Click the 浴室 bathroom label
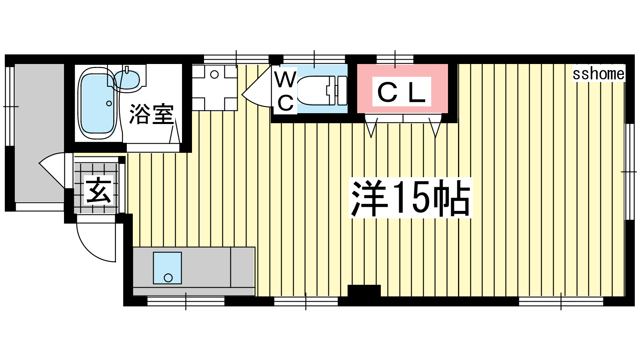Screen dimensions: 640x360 152,114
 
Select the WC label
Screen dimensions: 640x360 285,91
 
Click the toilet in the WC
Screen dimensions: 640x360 322,90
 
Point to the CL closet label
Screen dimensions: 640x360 402,92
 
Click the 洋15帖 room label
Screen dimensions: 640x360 411,198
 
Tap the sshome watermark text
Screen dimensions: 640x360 598,74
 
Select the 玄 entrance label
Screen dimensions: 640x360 98,190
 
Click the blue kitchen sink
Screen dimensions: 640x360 168,268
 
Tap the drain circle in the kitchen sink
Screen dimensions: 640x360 168,278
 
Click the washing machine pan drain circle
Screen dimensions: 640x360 214,75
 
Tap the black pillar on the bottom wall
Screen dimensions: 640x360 364,290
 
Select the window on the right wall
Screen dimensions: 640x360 630,172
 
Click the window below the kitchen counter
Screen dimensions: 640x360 186,302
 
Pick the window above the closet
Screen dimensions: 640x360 395,59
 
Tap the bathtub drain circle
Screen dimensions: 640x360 109,104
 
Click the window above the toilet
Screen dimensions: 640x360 314,59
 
